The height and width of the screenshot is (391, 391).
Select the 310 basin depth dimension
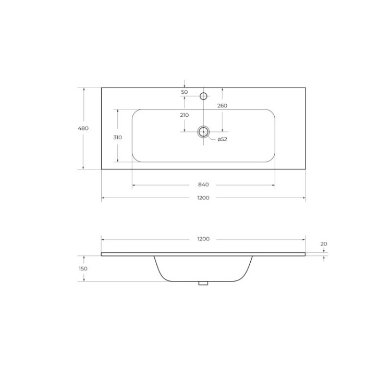(x=117, y=138)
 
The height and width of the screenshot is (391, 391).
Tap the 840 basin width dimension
(x=203, y=185)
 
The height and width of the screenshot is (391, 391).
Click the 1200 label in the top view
(x=203, y=198)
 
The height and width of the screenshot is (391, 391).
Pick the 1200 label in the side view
(x=203, y=239)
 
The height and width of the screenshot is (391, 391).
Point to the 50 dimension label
(x=184, y=92)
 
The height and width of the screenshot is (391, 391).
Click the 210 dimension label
(x=184, y=115)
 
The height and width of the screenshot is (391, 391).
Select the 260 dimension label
(x=223, y=106)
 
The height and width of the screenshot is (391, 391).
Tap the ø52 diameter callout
(x=222, y=139)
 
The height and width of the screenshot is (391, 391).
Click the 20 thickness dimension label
(x=324, y=243)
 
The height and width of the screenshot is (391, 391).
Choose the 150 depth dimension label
(x=83, y=268)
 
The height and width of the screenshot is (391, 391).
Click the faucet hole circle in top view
(x=204, y=96)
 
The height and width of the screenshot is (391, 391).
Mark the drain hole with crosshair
(x=203, y=131)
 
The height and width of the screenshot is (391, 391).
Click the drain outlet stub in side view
(x=203, y=283)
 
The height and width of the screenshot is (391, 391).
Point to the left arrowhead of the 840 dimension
(x=133, y=185)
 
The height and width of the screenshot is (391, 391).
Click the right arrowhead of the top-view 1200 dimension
(x=304, y=198)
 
